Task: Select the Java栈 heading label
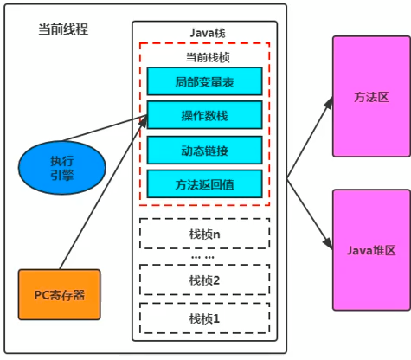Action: pos(205,32)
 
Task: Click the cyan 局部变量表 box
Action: pos(204,81)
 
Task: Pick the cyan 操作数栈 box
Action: pos(204,115)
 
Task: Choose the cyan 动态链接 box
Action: pos(204,149)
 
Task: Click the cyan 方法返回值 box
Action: pos(204,183)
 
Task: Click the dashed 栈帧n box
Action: pos(204,234)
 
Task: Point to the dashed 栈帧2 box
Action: pos(204,280)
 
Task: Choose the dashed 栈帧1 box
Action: pos(204,318)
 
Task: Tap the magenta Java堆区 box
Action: pos(371,250)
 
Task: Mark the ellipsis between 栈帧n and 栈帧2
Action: pos(204,258)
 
